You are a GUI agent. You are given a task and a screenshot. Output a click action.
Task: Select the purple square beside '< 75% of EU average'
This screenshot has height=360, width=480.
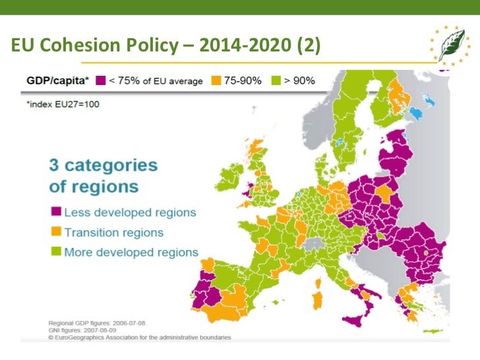(x=101, y=81)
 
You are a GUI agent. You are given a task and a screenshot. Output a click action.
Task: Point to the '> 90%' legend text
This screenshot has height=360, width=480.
(x=299, y=81)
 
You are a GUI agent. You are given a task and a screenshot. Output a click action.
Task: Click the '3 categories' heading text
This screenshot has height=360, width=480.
(x=104, y=165)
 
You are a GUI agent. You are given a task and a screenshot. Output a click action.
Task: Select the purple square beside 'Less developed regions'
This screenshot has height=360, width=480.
(x=56, y=212)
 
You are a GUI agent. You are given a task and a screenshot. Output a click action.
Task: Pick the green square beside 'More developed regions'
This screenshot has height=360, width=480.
(x=56, y=252)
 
